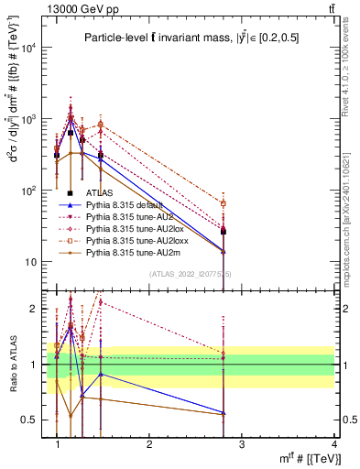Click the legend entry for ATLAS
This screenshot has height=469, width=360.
pos(98,193)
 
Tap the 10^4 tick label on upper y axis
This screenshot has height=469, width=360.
pos(28,49)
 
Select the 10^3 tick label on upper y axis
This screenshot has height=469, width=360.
pos(28,120)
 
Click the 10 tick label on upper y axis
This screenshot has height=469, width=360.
pos(31,263)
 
